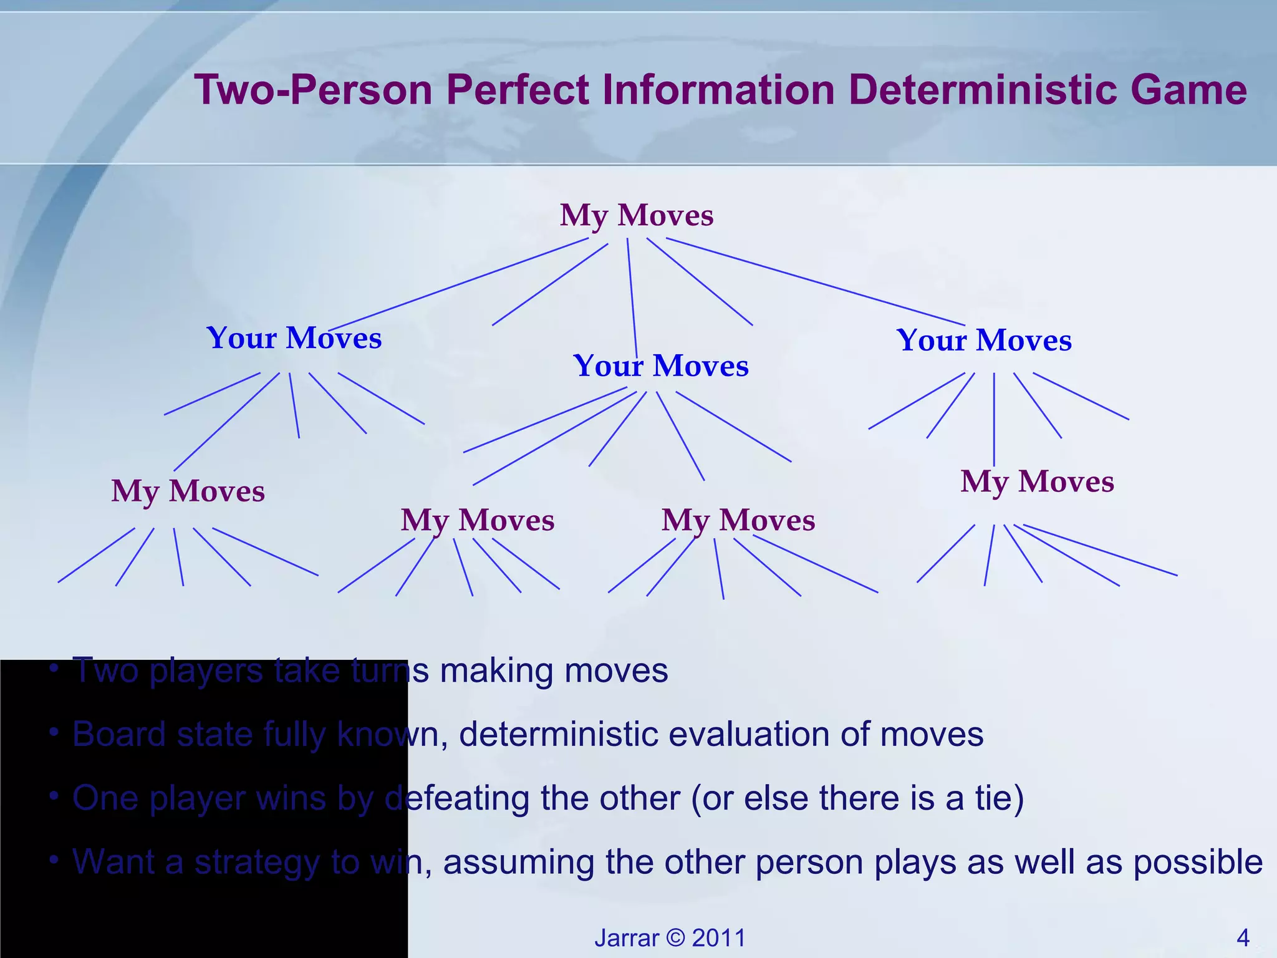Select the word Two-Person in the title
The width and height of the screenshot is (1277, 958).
click(x=314, y=89)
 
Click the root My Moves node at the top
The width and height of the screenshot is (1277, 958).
click(x=637, y=215)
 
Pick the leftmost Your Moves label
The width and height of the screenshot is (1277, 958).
click(x=294, y=338)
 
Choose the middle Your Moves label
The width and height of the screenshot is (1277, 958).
click(x=661, y=365)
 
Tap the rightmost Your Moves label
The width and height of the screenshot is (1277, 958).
click(x=984, y=341)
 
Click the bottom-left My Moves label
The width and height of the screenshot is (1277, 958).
click(x=188, y=491)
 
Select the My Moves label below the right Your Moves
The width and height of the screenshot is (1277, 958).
click(x=1037, y=481)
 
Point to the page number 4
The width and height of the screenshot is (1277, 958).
click(x=1243, y=937)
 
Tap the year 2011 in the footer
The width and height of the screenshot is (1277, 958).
click(x=719, y=937)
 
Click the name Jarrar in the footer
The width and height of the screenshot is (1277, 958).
click(x=627, y=937)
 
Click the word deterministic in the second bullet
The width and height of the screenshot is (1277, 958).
click(x=558, y=734)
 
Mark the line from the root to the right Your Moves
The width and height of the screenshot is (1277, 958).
click(x=817, y=282)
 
